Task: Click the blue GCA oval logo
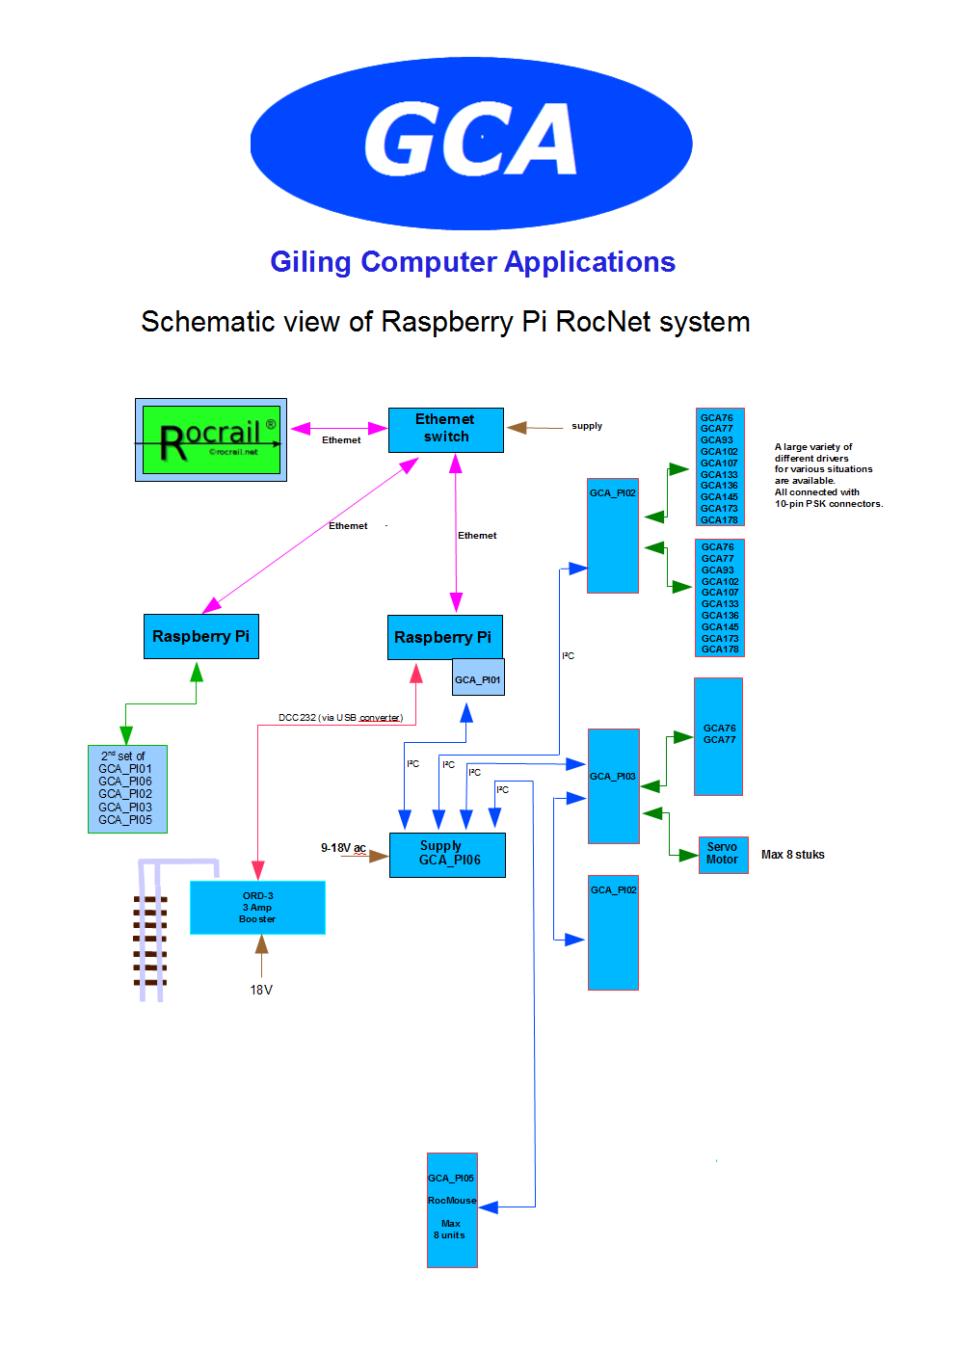pos(471,143)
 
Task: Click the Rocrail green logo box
pos(211,439)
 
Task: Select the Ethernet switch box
pos(445,429)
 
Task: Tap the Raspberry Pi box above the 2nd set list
pos(200,637)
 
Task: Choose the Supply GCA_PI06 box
pos(447,855)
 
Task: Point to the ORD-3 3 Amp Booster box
pos(257,907)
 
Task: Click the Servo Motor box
pos(723,854)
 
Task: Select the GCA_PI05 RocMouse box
pos(452,1209)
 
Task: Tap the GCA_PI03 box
pos(614,786)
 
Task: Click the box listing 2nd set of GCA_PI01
pos(127,788)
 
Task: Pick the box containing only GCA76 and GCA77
pos(718,736)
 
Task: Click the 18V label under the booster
pos(261,990)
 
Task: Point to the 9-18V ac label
pos(343,848)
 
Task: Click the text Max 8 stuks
pos(792,855)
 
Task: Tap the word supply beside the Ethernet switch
pos(587,426)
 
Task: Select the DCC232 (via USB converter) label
pos(339,718)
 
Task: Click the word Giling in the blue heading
pos(310,262)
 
